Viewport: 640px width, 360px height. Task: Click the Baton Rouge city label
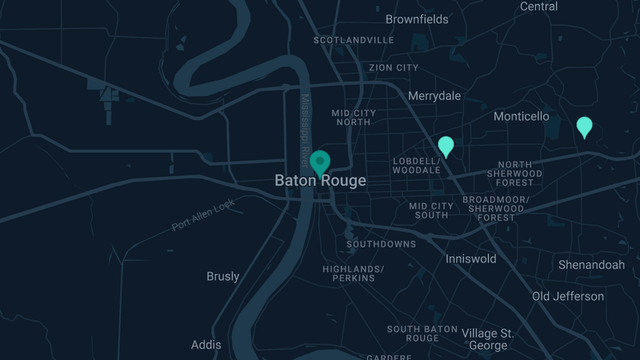click(x=320, y=181)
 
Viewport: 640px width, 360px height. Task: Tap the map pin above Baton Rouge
click(x=320, y=162)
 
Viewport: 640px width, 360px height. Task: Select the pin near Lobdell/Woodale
click(x=446, y=146)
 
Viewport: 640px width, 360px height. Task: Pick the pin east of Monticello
click(x=585, y=126)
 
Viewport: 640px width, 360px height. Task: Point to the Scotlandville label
click(x=354, y=40)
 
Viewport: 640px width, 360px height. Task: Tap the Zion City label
click(x=394, y=68)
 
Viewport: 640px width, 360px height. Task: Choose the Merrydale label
click(x=434, y=96)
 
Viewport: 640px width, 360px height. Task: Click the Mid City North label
click(x=353, y=118)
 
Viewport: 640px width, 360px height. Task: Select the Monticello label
click(x=522, y=117)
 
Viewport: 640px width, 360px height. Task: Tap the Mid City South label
click(x=431, y=210)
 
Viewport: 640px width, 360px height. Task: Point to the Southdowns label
click(x=381, y=244)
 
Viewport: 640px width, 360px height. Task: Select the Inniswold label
click(x=470, y=259)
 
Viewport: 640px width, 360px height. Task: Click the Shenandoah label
click(x=591, y=265)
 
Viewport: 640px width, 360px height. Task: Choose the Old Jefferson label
click(x=568, y=297)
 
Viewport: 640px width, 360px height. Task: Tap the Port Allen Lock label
click(x=203, y=214)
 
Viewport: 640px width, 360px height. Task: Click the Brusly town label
click(x=222, y=277)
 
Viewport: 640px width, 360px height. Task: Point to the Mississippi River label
click(x=305, y=125)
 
